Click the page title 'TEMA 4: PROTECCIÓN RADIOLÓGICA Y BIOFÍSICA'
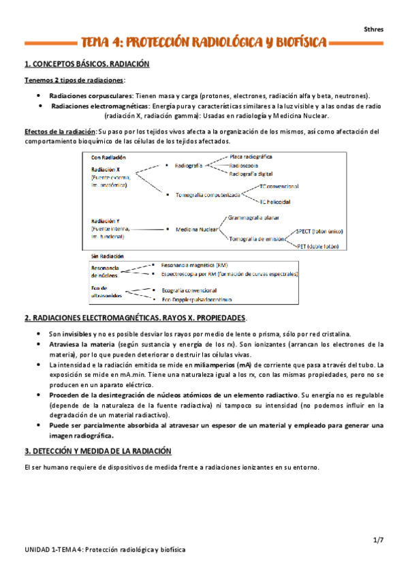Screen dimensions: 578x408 click(204, 43)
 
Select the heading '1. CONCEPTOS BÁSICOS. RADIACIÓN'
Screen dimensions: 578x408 click(87, 65)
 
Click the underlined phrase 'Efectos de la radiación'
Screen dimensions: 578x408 click(60, 132)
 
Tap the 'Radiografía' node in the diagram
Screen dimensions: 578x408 click(188, 166)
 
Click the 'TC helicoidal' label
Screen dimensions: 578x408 click(274, 202)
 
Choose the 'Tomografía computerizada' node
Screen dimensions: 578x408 click(207, 194)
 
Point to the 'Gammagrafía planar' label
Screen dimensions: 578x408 click(255, 217)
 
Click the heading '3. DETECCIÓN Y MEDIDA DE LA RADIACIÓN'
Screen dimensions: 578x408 click(98, 451)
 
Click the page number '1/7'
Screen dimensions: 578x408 click(378, 539)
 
